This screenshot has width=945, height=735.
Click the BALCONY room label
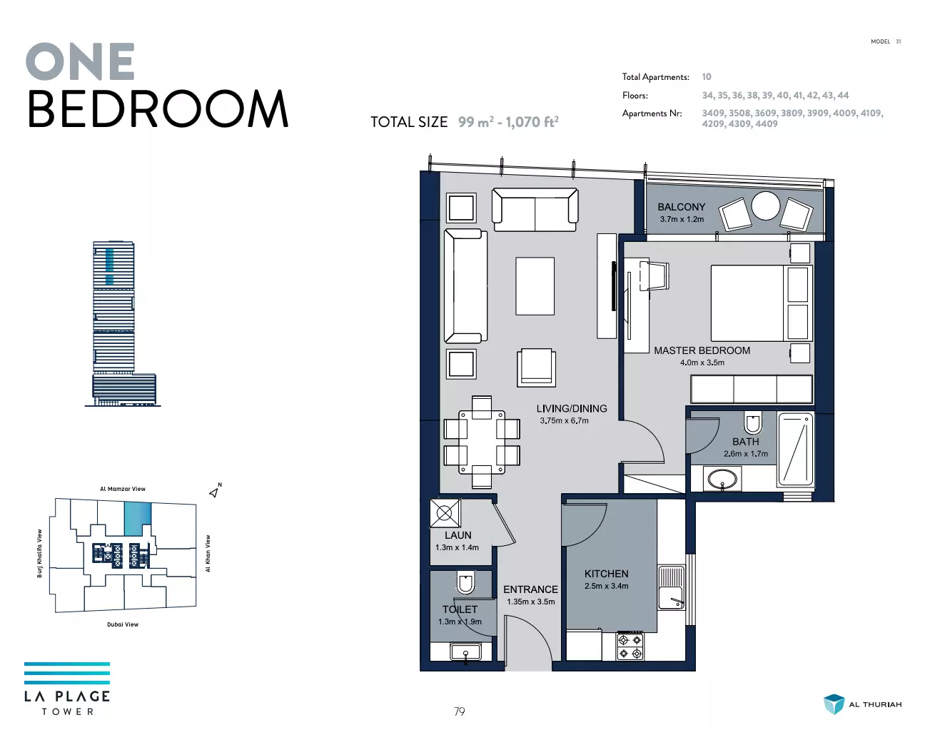(681, 207)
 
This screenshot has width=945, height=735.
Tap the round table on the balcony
(765, 206)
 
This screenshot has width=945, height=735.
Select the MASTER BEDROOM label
(702, 350)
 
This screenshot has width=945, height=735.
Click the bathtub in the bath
(795, 450)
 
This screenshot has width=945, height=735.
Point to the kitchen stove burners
(630, 647)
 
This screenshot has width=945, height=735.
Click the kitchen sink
(671, 587)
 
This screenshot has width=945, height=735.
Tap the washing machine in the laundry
(445, 513)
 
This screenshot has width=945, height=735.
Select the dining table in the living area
(482, 442)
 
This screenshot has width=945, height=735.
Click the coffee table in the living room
(535, 286)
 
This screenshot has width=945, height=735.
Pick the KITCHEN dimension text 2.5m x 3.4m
(606, 586)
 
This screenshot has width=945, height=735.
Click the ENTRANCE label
(530, 589)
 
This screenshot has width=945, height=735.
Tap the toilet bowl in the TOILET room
(465, 582)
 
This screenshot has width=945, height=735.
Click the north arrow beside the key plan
(214, 492)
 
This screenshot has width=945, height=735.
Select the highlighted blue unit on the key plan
(138, 519)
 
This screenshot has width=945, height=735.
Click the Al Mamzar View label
(123, 489)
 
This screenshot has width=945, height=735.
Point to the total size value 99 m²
(476, 122)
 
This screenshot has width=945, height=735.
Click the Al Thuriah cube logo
(834, 704)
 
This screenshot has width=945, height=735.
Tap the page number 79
(459, 711)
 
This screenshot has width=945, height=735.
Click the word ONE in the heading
(80, 61)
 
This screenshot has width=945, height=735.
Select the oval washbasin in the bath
(722, 480)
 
